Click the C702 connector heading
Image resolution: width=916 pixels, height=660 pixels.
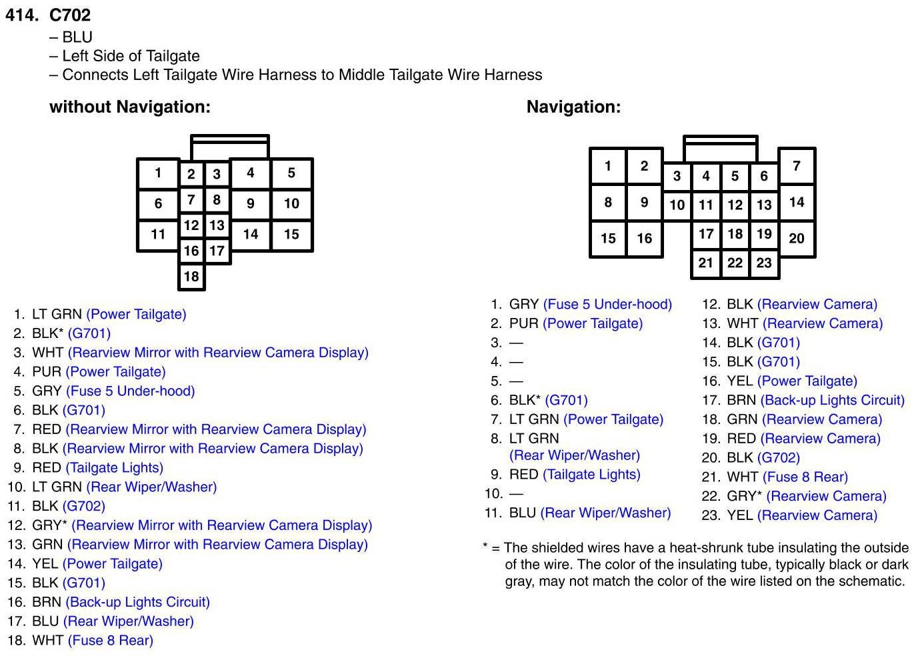pyautogui.click(x=69, y=15)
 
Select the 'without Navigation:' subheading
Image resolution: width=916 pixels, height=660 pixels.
pyautogui.click(x=129, y=107)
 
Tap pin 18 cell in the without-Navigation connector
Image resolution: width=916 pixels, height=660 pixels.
pyautogui.click(x=191, y=276)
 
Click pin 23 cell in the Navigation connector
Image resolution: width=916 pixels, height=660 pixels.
pyautogui.click(x=764, y=263)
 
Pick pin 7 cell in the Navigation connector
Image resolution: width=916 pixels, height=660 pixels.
pyautogui.click(x=796, y=165)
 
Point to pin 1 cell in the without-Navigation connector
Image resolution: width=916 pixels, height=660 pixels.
pyautogui.click(x=158, y=173)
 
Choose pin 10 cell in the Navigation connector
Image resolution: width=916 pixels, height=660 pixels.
pyautogui.click(x=677, y=205)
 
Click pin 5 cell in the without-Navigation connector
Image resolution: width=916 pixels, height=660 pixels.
pyautogui.click(x=291, y=173)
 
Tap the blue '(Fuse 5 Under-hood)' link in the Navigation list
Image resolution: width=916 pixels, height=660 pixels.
pyautogui.click(x=607, y=305)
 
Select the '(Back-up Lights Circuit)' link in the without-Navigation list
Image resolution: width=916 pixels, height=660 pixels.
pyautogui.click(x=137, y=602)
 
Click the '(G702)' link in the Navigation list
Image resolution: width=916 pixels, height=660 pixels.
pyautogui.click(x=779, y=458)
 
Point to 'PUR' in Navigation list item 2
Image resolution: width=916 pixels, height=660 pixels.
pyautogui.click(x=523, y=324)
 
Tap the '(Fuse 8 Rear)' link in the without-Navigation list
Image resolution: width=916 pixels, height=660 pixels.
pyautogui.click(x=111, y=641)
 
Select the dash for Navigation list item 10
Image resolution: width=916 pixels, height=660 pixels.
pyautogui.click(x=516, y=494)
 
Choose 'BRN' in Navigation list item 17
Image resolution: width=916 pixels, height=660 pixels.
pyautogui.click(x=741, y=401)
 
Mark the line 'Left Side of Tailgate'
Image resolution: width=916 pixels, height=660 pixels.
pyautogui.click(x=131, y=56)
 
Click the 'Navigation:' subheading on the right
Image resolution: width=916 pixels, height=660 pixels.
pyautogui.click(x=573, y=107)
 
